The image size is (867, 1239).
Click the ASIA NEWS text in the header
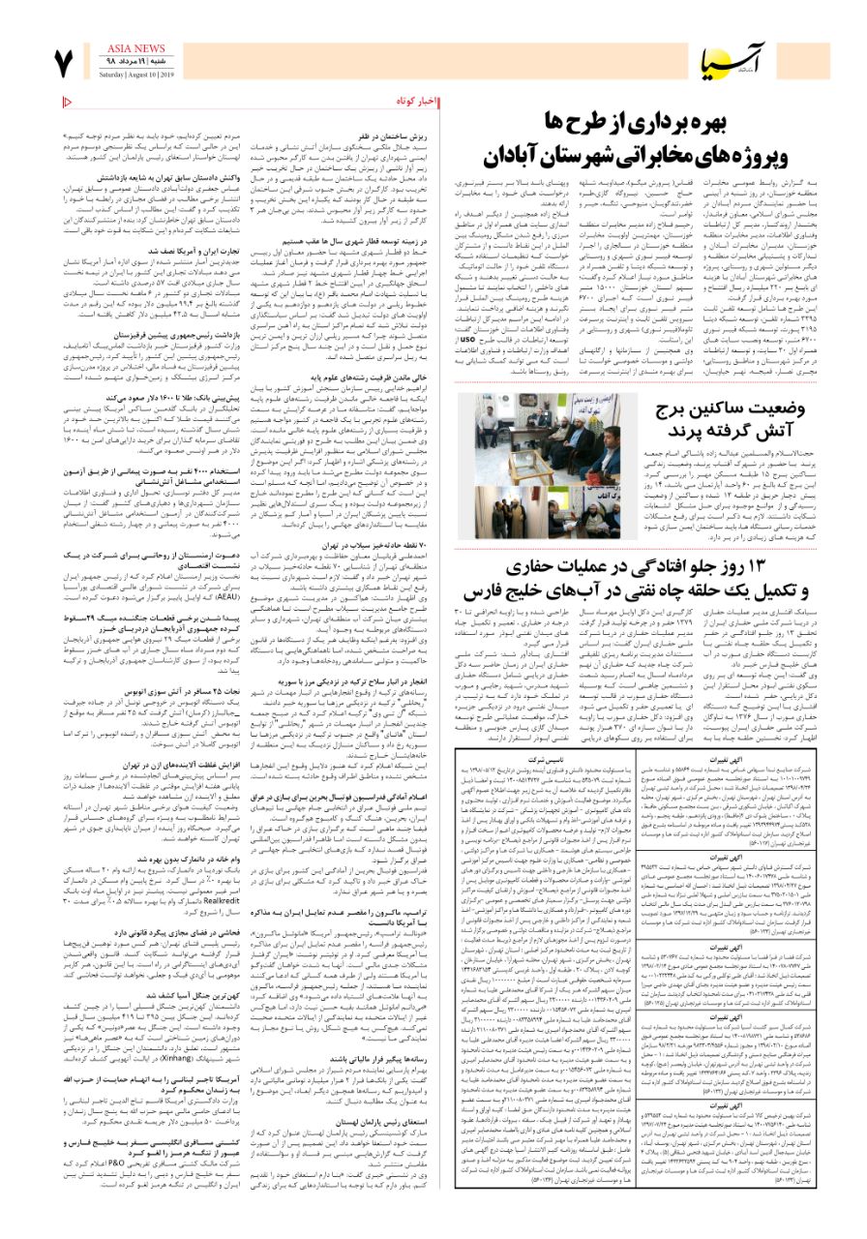point(136,47)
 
